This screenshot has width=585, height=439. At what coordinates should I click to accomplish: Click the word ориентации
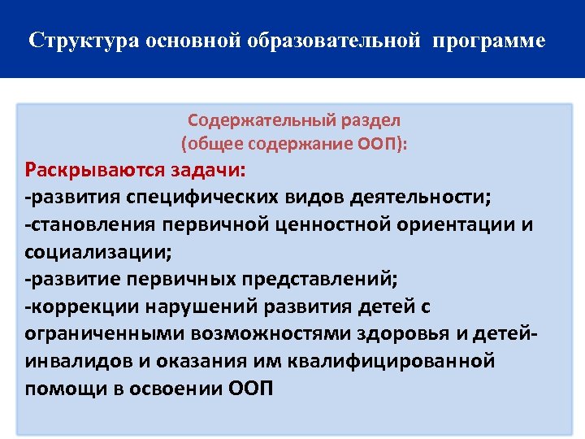coord(461,224)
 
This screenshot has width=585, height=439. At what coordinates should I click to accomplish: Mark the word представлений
coord(314,279)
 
